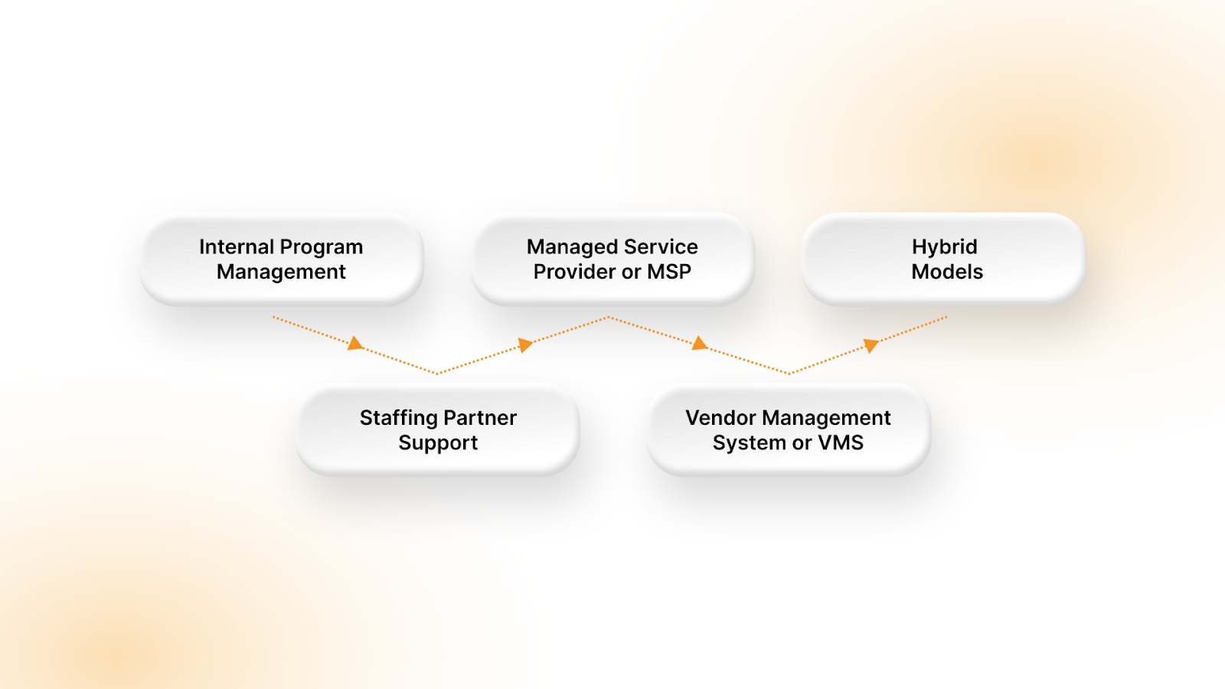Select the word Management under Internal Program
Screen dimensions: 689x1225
(281, 273)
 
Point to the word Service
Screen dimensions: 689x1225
(661, 247)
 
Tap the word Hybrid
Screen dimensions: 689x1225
(944, 247)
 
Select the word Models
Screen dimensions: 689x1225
(947, 272)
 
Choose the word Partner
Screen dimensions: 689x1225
(480, 418)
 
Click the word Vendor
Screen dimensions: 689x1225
(720, 418)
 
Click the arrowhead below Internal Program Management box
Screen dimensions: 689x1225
(355, 344)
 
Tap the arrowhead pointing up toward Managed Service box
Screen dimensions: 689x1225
(525, 344)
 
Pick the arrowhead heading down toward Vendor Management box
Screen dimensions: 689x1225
(699, 344)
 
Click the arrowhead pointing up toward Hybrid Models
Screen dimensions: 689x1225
(871, 345)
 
